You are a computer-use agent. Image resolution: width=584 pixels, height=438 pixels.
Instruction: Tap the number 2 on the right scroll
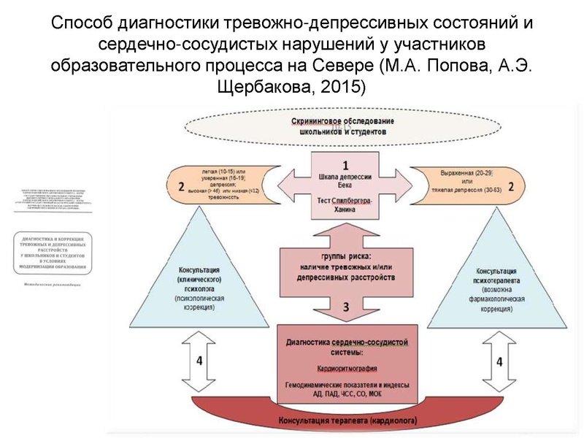pyautogui.click(x=511, y=186)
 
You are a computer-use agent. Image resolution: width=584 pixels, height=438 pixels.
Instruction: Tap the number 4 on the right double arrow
pyautogui.click(x=499, y=361)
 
